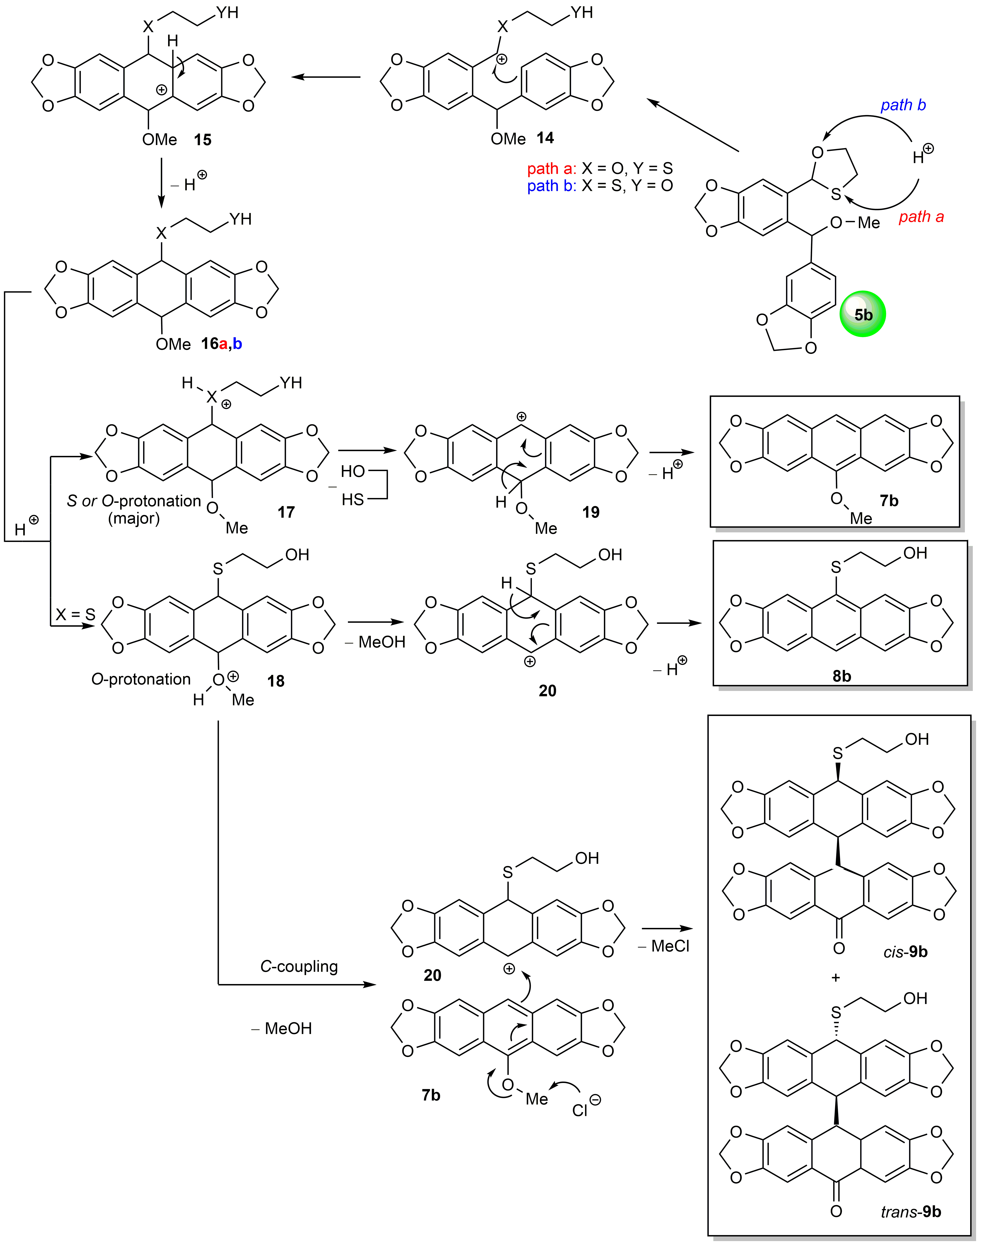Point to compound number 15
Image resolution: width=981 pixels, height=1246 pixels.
[x=202, y=140]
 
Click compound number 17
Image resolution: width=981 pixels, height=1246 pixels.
[x=286, y=512]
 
